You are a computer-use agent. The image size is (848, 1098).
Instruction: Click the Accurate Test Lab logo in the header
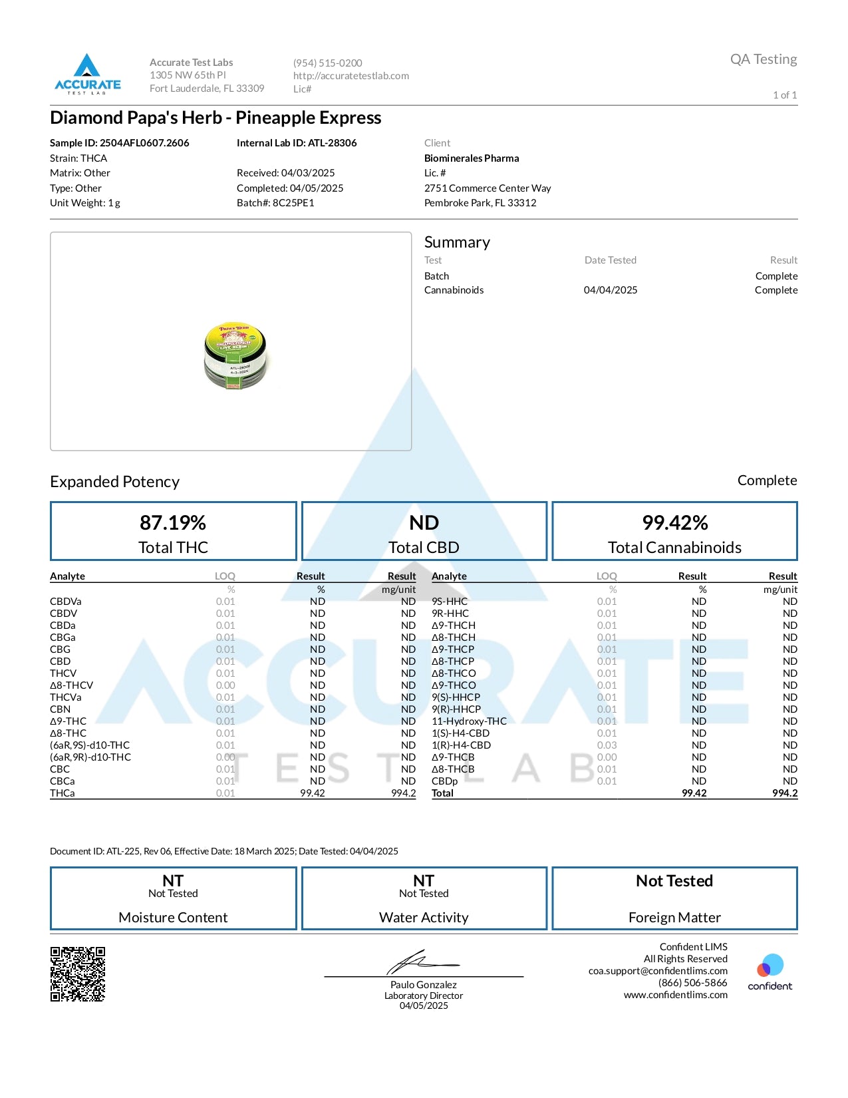pos(87,74)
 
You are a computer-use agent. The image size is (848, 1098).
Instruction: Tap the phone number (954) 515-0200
pos(327,63)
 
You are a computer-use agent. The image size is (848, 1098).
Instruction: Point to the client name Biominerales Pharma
pos(472,158)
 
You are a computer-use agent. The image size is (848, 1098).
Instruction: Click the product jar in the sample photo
pos(235,355)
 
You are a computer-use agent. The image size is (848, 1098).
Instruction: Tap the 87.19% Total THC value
pos(173,523)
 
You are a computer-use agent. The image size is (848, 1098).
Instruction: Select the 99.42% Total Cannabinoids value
pos(674,523)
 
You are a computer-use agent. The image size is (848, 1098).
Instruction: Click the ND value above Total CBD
pos(424,523)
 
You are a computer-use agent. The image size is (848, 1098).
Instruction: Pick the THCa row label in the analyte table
pos(63,793)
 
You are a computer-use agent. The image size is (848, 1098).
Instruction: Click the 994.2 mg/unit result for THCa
pos(403,793)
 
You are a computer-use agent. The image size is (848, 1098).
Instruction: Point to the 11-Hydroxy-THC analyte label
pos(469,721)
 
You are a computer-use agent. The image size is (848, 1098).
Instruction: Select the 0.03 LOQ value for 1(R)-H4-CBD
pos(607,745)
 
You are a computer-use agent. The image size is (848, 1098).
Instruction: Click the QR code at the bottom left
pos(78,974)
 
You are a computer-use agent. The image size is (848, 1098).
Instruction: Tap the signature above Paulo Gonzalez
pos(422,962)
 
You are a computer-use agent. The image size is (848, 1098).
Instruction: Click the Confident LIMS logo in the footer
pos(770,972)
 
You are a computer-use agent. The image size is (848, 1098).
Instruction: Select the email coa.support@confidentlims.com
pos(658,971)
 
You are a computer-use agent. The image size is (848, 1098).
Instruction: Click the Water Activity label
pos(424,918)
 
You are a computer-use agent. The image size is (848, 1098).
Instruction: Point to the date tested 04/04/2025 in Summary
pos(611,290)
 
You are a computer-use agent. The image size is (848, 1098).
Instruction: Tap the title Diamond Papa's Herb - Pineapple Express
pos(215,118)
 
